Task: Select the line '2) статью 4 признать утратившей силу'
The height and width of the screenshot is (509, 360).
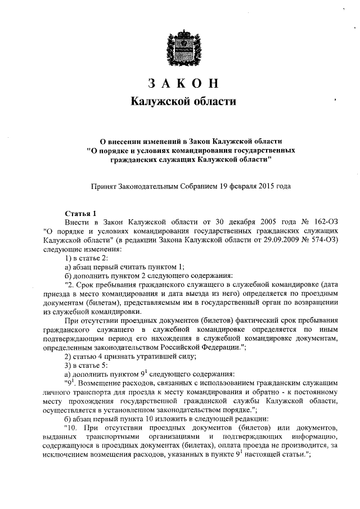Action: coord(130,357)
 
